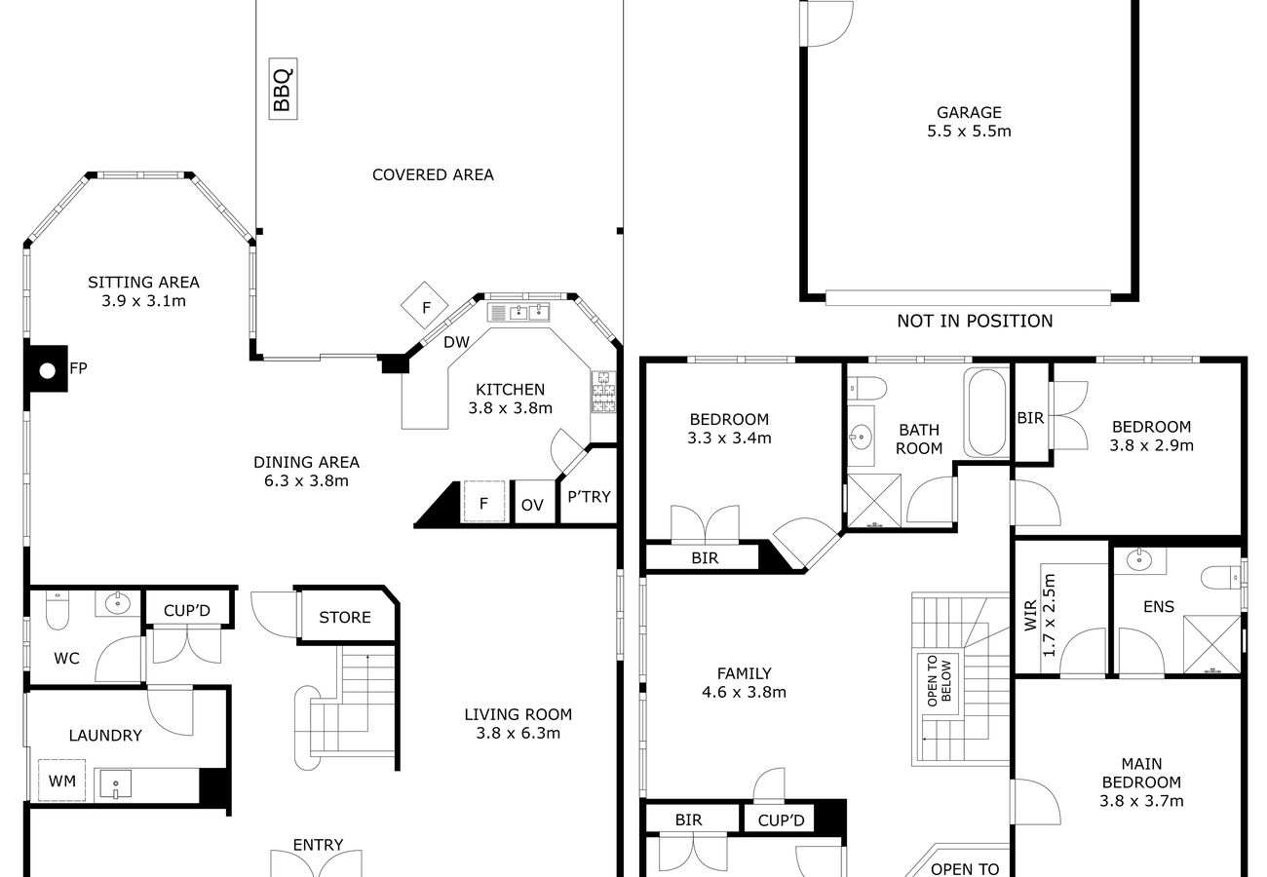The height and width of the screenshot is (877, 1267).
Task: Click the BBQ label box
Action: point(283,89)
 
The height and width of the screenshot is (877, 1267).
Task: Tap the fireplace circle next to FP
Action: point(48,371)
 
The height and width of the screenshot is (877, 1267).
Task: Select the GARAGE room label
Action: point(969,112)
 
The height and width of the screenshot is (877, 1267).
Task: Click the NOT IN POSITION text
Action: point(975,322)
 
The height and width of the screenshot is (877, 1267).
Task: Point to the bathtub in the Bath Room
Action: point(987,413)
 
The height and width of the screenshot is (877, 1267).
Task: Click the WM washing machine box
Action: point(61,781)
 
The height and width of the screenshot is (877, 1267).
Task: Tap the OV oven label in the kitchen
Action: point(532,505)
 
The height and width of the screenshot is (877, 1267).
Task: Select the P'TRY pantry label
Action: point(589,496)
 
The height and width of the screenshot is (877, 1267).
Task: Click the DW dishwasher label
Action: point(456,342)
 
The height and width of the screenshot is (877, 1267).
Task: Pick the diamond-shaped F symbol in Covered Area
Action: point(424,305)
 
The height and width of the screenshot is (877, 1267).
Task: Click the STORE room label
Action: point(344,617)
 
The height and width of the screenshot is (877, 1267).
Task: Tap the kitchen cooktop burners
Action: point(603,392)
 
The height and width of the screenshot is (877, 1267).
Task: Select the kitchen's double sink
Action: point(529,312)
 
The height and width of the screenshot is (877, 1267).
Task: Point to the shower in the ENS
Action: point(1211,645)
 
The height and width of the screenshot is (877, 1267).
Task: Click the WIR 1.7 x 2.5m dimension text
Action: point(1049,615)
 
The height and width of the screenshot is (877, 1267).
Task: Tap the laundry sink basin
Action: point(115,783)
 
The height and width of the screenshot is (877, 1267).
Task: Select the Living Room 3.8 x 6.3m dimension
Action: point(518,734)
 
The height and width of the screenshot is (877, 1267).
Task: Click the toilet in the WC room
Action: point(57,610)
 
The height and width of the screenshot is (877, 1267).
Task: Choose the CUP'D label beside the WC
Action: point(187,611)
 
